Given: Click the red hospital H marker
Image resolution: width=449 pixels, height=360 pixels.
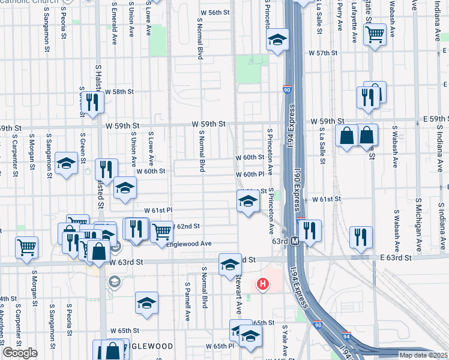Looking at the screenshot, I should [x=262, y=284].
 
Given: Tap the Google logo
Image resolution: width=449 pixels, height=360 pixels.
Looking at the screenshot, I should [x=20, y=353].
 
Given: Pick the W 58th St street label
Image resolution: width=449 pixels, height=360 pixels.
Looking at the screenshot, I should [x=119, y=92].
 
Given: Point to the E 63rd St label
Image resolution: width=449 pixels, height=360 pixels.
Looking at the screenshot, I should [x=395, y=257].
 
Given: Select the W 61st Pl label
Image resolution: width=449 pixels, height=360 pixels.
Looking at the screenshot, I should [x=158, y=211].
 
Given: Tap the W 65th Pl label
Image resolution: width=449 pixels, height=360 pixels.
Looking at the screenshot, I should [x=220, y=346].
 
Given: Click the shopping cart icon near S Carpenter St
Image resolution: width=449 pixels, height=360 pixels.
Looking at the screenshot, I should [x=26, y=246].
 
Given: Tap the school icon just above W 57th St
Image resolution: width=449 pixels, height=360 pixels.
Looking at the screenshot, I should [x=277, y=40].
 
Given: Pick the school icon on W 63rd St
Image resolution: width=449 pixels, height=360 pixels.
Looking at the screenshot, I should [x=229, y=264].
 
